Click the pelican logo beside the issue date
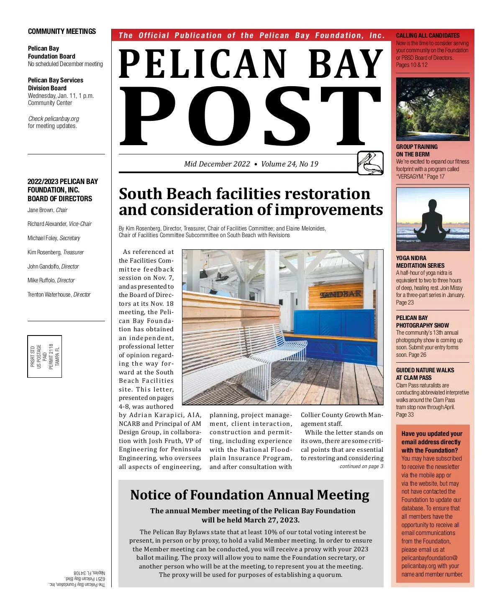[x=370, y=163]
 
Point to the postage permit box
[x=45, y=356]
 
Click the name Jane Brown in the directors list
[x=41, y=210]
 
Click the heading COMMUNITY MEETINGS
[x=62, y=31]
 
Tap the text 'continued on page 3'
[x=361, y=466]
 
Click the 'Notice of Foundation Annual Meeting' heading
[x=250, y=495]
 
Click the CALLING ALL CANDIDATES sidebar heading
[x=428, y=36]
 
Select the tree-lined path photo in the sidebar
[x=433, y=109]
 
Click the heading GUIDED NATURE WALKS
[x=425, y=370]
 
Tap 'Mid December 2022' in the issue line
[x=217, y=164]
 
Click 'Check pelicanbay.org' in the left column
[x=54, y=119]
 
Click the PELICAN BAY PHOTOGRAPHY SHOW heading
[x=422, y=321]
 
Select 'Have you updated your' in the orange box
[x=432, y=434]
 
